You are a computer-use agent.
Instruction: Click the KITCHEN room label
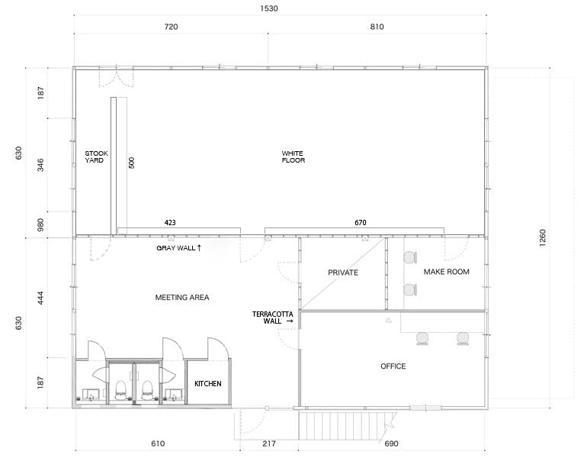pyautogui.click(x=208, y=384)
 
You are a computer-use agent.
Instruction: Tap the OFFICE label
pyautogui.click(x=393, y=366)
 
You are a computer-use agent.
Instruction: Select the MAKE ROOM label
pyautogui.click(x=446, y=272)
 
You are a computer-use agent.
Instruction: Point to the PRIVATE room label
pyautogui.click(x=343, y=272)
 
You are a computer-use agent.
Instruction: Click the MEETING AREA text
pyautogui.click(x=182, y=298)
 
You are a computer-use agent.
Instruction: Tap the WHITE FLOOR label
pyautogui.click(x=293, y=156)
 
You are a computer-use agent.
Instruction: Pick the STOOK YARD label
pyautogui.click(x=96, y=156)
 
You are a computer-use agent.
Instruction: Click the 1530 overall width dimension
pyautogui.click(x=269, y=8)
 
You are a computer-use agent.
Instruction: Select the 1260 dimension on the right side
pyautogui.click(x=543, y=237)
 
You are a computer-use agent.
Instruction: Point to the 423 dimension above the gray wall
pyautogui.click(x=170, y=223)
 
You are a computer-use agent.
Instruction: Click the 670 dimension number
pyautogui.click(x=360, y=223)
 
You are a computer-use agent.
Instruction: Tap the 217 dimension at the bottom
pyautogui.click(x=269, y=443)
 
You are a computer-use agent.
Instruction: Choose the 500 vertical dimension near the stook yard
pyautogui.click(x=131, y=163)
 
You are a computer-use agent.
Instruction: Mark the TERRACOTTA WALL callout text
pyautogui.click(x=273, y=318)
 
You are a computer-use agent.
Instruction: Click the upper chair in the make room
pyautogui.click(x=410, y=257)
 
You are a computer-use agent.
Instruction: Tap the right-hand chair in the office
pyautogui.click(x=463, y=338)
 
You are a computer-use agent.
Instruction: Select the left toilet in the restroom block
pyautogui.click(x=120, y=391)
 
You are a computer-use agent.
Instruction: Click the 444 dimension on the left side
pyautogui.click(x=40, y=298)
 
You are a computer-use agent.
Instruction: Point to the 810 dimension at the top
pyautogui.click(x=377, y=27)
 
